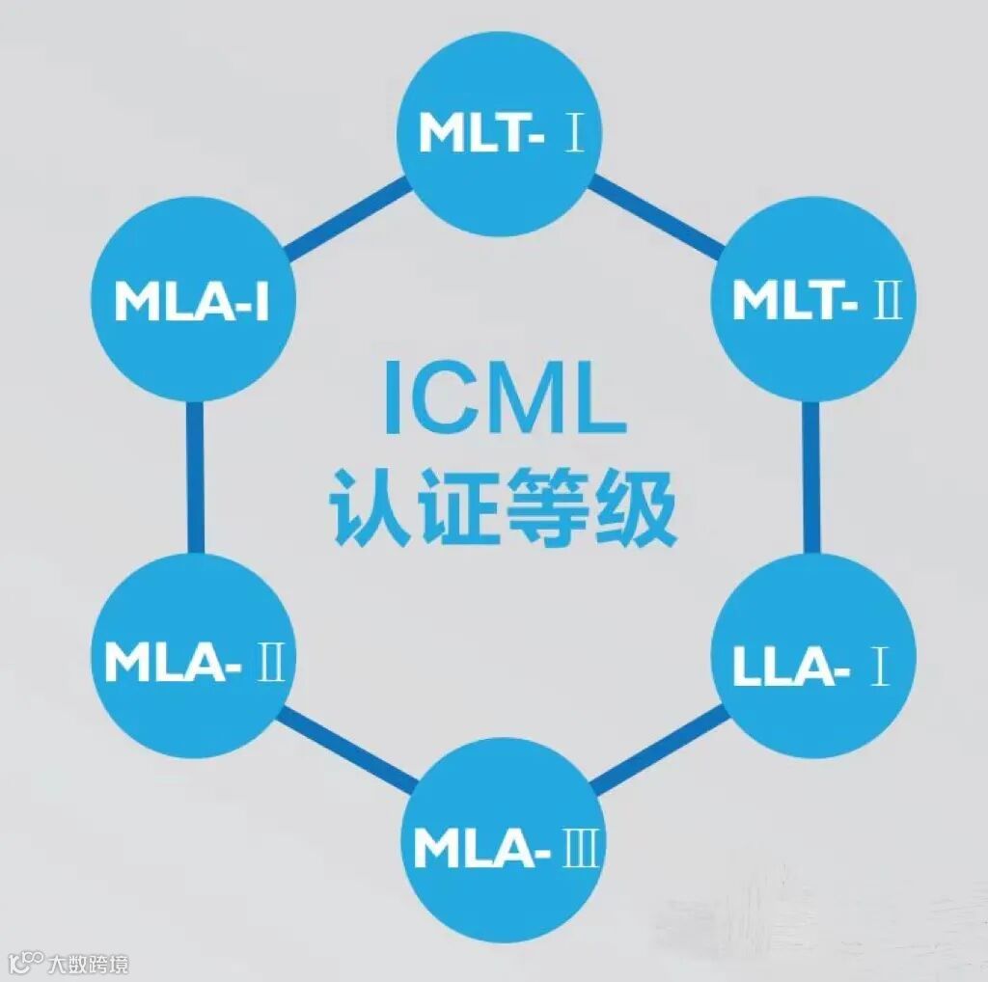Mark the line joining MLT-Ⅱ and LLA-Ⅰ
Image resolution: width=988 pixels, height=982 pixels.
[x=811, y=482]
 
